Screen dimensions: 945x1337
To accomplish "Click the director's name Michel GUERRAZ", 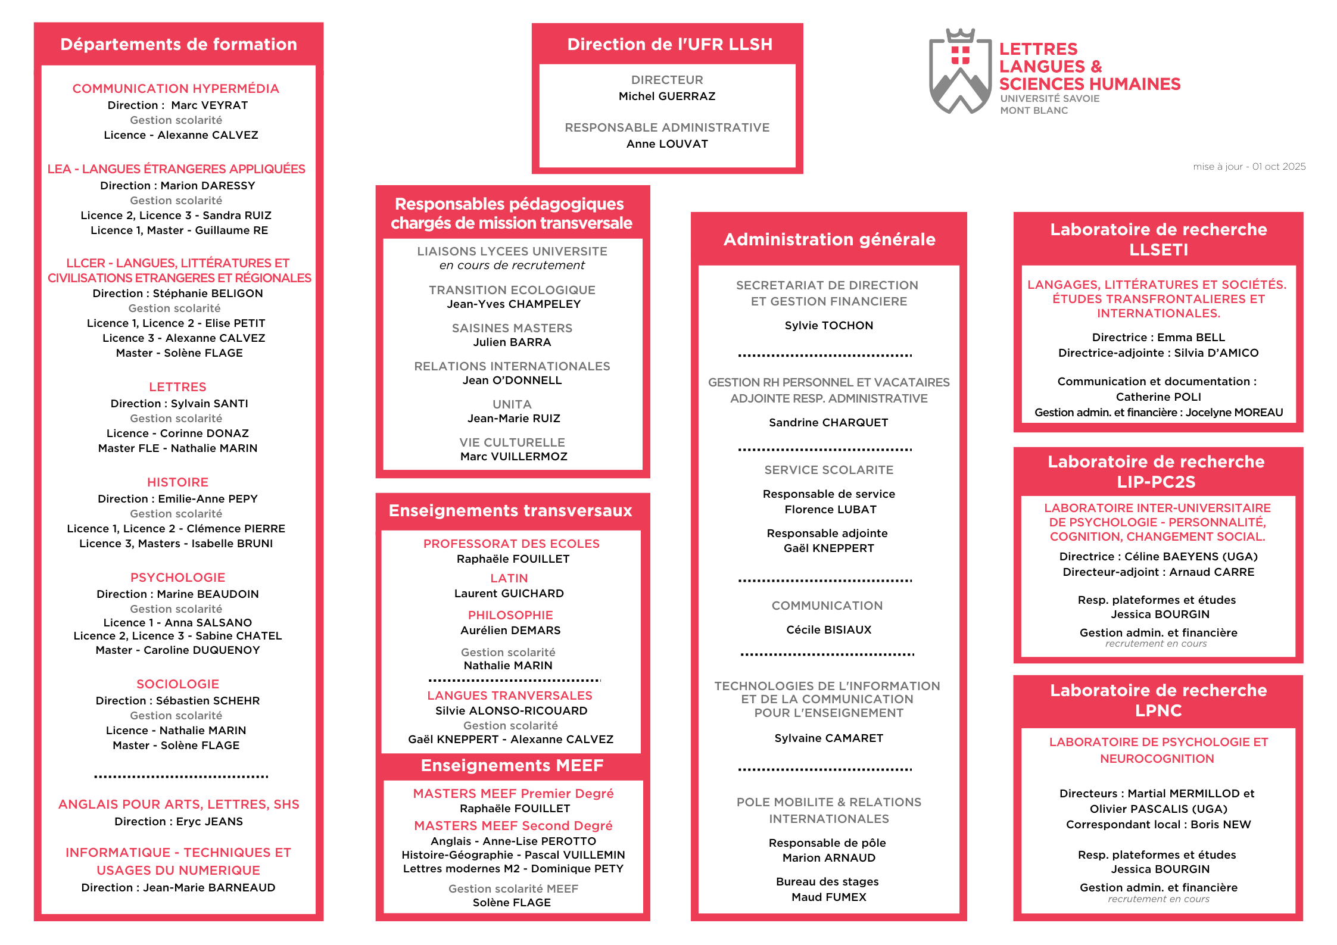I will pyautogui.click(x=667, y=96).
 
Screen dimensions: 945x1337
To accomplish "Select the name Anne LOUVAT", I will pyautogui.click(x=667, y=144).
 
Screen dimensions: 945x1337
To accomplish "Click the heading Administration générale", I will pyautogui.click(x=829, y=239).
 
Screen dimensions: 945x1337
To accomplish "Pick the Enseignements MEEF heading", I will pyautogui.click(x=512, y=766).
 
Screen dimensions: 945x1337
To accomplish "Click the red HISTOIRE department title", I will pyautogui.click(x=177, y=482).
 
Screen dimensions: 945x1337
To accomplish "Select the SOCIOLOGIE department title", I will pyautogui.click(x=177, y=684).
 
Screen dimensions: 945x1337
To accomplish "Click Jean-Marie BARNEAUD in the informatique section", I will pyautogui.click(x=209, y=888).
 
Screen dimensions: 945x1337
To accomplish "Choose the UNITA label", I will pyautogui.click(x=512, y=404).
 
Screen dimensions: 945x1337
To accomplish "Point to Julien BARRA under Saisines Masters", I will pyautogui.click(x=512, y=342).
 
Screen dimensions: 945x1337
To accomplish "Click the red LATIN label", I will pyautogui.click(x=509, y=578).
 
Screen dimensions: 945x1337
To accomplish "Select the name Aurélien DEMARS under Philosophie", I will pyautogui.click(x=510, y=631).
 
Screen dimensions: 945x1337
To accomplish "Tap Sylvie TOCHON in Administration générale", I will pyautogui.click(x=829, y=326).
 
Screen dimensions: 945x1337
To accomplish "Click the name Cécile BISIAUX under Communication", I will pyautogui.click(x=829, y=630).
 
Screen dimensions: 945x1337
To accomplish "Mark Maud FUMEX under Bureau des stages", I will pyautogui.click(x=829, y=897).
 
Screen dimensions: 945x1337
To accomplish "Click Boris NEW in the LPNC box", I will pyautogui.click(x=1221, y=825).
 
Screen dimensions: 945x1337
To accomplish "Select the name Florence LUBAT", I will pyautogui.click(x=830, y=510).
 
